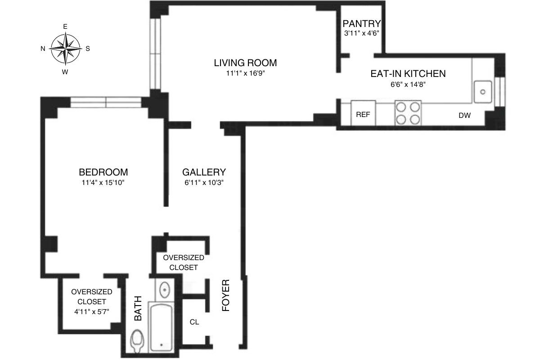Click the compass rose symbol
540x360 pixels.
[66, 48]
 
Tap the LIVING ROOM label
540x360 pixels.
[245, 63]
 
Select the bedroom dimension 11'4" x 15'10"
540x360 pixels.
[103, 183]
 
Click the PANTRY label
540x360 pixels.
[362, 24]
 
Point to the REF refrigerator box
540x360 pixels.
[363, 115]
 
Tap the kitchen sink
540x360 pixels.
[483, 92]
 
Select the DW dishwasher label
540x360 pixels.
[464, 116]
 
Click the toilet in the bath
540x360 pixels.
[138, 342]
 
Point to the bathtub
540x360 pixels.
[162, 327]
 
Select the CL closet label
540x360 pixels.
[194, 322]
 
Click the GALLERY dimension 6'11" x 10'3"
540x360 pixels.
[203, 183]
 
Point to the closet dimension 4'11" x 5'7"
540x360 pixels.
[91, 311]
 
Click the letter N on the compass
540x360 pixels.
[43, 49]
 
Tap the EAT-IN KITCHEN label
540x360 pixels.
[408, 74]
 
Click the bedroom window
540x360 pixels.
[106, 102]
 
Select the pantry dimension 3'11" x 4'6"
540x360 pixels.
[362, 33]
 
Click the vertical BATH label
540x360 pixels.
[138, 308]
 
